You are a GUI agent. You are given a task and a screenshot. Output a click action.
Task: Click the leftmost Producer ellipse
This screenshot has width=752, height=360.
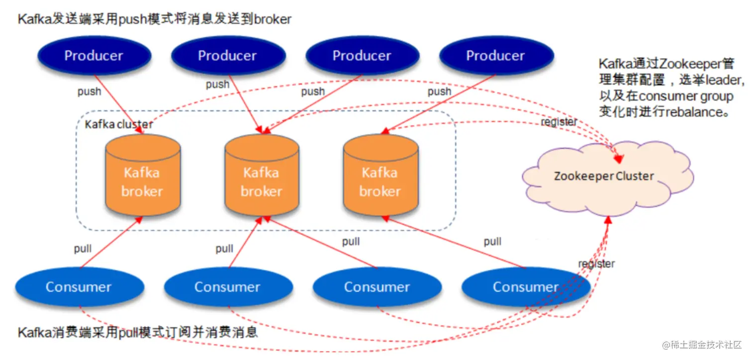pos(94,56)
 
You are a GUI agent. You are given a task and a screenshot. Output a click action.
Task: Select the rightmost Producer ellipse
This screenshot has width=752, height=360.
pos(495,56)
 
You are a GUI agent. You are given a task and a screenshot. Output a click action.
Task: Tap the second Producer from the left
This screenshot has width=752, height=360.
pos(227,56)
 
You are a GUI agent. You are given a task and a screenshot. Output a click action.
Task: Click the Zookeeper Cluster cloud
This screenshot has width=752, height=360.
pos(604,176)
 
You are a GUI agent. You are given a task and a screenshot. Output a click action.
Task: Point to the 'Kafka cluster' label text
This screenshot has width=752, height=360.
pos(119,124)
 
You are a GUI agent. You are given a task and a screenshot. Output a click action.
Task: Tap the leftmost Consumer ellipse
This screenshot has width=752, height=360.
pos(79,287)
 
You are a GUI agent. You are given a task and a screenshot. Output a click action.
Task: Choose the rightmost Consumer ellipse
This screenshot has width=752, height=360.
pos(526,287)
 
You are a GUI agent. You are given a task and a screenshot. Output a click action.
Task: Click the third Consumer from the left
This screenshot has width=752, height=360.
pos(377,287)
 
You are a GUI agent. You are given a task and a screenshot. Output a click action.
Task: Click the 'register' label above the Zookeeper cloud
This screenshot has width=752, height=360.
pos(559,122)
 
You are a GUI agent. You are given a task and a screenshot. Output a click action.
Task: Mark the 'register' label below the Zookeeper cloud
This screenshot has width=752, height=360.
pos(596,264)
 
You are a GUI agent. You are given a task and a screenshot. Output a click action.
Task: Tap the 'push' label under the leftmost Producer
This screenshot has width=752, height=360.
pos(89,91)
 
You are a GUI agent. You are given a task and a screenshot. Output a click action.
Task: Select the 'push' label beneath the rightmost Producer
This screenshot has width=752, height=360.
pos(439,91)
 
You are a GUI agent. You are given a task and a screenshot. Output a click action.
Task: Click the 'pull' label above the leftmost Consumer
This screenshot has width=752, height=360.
pos(83,248)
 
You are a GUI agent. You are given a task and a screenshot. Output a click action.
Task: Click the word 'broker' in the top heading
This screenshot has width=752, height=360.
pos(273,19)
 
